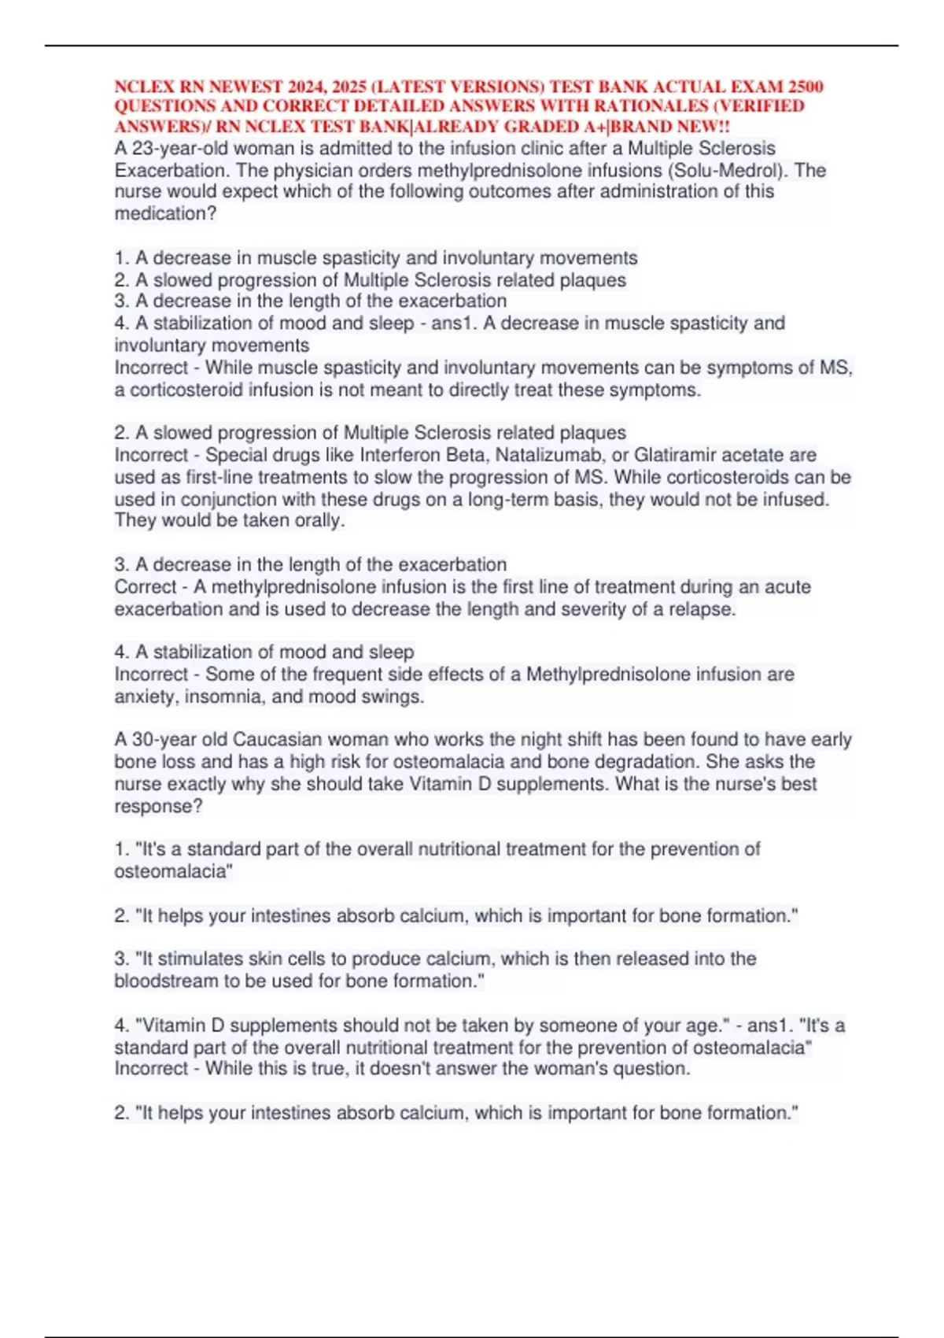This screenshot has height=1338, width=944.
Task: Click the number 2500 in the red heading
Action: pos(806,87)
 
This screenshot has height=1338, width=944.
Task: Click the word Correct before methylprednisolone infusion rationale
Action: pos(146,587)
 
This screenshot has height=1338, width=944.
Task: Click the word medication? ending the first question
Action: pos(165,214)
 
